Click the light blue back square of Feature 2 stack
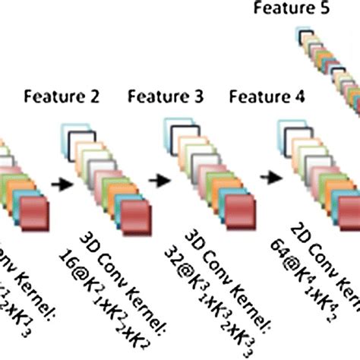click(x=72, y=130)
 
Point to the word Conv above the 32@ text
click(x=204, y=259)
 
